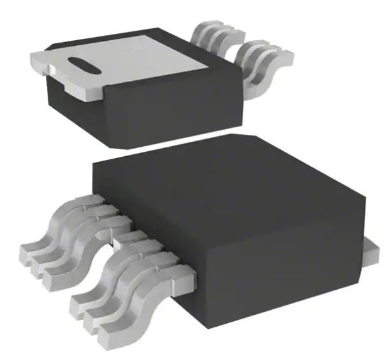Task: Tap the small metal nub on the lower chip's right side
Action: pyautogui.click(x=371, y=252)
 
